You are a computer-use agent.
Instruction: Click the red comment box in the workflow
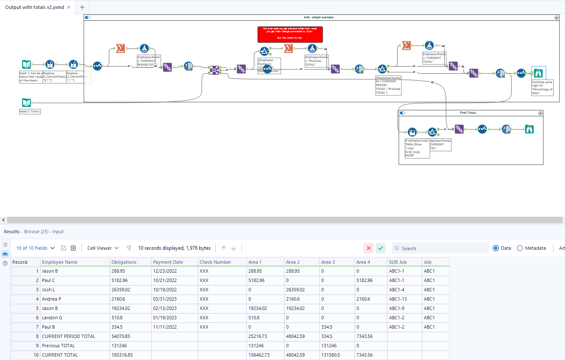(290, 34)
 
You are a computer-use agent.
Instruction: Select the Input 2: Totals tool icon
(26, 103)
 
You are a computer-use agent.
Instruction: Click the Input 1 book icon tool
(26, 64)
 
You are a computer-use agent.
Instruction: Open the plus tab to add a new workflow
(82, 7)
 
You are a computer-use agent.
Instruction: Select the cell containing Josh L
(48, 290)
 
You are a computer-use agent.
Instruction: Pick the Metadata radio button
(520, 248)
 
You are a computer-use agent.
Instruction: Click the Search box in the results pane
(441, 248)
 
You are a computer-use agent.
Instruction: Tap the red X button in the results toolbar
(369, 248)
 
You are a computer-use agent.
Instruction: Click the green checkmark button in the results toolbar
(380, 248)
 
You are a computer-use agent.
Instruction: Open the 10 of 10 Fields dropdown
(36, 248)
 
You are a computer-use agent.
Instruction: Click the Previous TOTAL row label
(58, 346)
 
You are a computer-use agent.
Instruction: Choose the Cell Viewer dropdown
(103, 248)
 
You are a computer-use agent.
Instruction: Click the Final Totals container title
(470, 113)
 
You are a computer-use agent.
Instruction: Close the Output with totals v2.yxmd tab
(69, 7)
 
